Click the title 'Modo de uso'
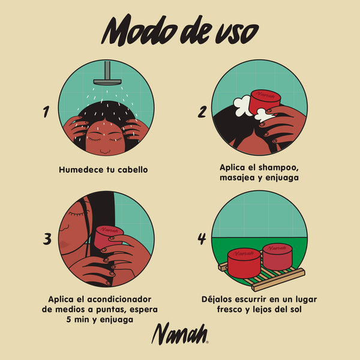tap(179, 30)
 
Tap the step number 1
tap(46, 112)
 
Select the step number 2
tap(202, 112)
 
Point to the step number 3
tap(46, 239)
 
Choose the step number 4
tap(202, 239)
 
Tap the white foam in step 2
tap(243, 107)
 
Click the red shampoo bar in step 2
tap(265, 102)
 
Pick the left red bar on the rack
tap(244, 263)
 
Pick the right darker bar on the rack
tap(281, 257)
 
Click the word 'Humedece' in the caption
tap(83, 170)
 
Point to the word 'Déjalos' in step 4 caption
tap(220, 299)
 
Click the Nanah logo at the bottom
tap(179, 334)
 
